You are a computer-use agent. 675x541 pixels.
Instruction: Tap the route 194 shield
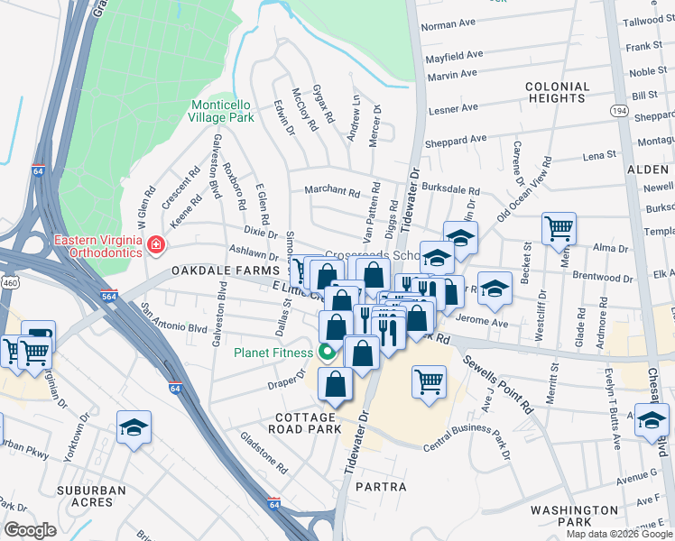point(618,110)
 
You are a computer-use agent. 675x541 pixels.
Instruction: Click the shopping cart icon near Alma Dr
point(559,228)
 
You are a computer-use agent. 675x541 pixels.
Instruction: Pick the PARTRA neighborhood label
point(382,487)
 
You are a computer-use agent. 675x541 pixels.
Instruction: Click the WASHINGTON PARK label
point(574,516)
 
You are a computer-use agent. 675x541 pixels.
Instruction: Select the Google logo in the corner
point(30,530)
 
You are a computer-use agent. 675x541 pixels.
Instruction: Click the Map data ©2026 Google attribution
point(618,534)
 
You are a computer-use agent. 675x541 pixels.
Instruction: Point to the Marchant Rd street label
point(332,190)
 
